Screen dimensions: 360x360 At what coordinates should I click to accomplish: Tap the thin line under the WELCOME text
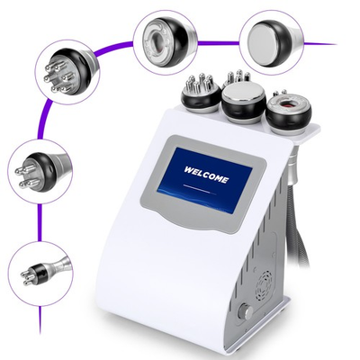click(x=206, y=187)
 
